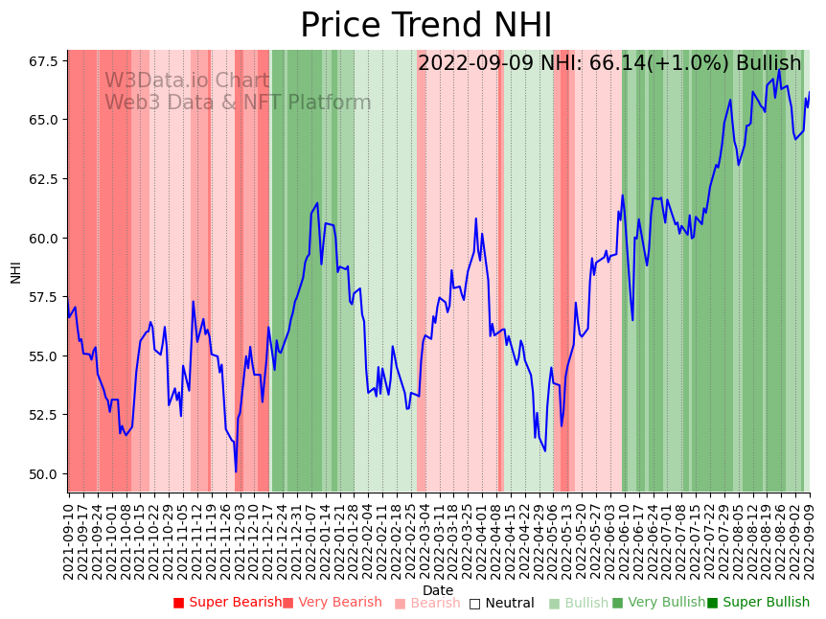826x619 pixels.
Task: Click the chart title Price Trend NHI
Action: (x=425, y=26)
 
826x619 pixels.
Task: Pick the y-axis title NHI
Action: (x=15, y=271)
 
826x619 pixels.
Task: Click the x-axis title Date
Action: (x=438, y=590)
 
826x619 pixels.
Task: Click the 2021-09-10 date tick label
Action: (x=69, y=536)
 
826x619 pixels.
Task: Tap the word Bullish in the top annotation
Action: (x=769, y=64)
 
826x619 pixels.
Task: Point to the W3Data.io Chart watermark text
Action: (x=187, y=80)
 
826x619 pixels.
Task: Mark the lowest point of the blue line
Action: (x=236, y=471)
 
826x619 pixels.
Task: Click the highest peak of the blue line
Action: (x=779, y=70)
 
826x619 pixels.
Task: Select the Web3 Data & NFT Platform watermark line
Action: (x=238, y=103)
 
